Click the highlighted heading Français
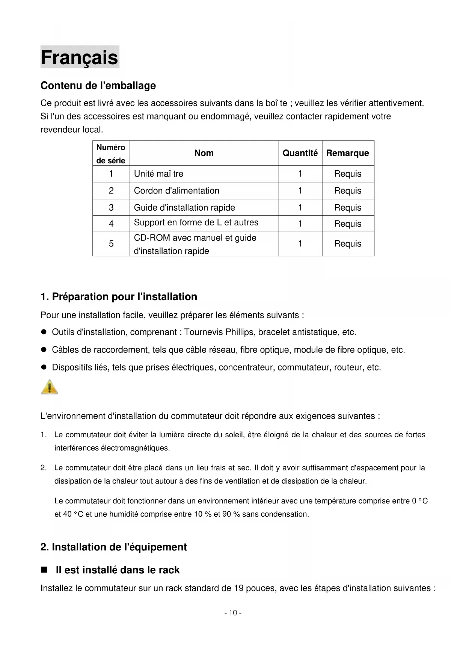coord(79,57)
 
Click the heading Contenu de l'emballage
coord(98,86)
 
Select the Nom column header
coord(204,153)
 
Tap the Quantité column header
coord(300,153)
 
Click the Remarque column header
coord(347,153)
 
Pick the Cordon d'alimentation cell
coord(176,191)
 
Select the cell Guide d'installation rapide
coord(184,208)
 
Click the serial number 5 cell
coord(111,244)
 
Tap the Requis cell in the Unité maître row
coord(348,174)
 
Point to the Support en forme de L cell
coord(196,223)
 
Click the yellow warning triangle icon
coord(50,387)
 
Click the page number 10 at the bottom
coord(233,613)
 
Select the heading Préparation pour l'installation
coord(119,297)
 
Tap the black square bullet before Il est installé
coord(44,570)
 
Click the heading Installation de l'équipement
coord(113,547)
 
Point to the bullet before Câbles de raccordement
coord(44,350)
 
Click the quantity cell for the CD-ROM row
coord(300,244)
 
